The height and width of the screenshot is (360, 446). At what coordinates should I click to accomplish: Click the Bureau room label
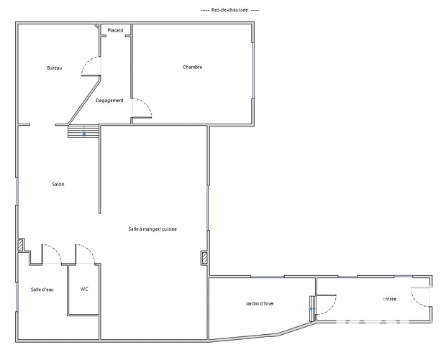[55, 68]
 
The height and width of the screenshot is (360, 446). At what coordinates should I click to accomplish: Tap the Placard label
[116, 30]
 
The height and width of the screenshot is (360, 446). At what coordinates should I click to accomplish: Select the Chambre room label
[193, 67]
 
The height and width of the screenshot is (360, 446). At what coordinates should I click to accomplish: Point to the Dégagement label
[109, 101]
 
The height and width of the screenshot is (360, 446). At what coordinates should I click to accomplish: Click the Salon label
[58, 184]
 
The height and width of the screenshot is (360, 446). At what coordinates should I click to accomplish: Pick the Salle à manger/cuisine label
[153, 229]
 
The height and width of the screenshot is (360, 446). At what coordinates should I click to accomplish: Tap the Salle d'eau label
[42, 290]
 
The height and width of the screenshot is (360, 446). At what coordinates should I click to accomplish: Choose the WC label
[84, 290]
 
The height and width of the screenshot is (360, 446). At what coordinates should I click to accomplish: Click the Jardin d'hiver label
[260, 304]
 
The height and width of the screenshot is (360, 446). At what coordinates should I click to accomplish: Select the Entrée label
[389, 299]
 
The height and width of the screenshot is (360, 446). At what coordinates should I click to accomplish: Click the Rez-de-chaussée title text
[229, 10]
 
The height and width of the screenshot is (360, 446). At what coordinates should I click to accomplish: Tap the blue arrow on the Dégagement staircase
[84, 133]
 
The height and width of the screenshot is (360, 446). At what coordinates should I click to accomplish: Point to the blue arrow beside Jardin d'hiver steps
[311, 309]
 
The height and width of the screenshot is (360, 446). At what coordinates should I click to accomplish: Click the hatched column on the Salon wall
[20, 245]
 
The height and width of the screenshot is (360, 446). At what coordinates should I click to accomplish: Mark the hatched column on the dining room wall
[204, 258]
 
